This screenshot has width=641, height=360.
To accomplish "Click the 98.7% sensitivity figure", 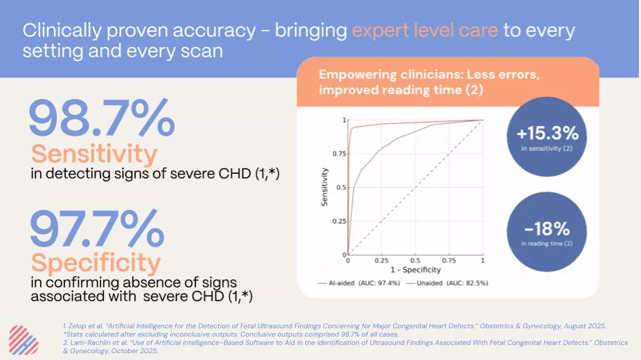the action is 102,117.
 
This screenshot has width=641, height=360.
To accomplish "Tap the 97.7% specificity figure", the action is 98,228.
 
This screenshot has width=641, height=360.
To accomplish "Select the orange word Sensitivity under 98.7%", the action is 94,154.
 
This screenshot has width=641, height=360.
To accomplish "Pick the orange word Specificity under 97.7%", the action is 96,263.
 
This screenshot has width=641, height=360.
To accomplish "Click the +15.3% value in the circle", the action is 548,133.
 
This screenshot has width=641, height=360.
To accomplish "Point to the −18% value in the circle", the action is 547,229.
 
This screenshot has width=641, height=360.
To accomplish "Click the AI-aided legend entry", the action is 359,282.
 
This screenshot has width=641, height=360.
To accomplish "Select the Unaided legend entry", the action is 448,282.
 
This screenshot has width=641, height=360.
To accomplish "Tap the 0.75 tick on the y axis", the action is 339,154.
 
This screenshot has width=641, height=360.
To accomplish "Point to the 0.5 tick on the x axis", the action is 415,261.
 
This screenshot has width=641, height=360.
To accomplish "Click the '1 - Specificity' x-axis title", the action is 415,270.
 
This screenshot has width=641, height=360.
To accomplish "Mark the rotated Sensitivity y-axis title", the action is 325,187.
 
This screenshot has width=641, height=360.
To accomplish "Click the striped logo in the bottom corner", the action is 24,340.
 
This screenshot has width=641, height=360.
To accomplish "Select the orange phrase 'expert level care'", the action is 425,30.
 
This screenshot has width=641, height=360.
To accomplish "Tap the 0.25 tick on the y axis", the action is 339,221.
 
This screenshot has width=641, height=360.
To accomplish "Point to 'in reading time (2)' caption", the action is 547,244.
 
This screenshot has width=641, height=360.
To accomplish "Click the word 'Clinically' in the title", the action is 62,31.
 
